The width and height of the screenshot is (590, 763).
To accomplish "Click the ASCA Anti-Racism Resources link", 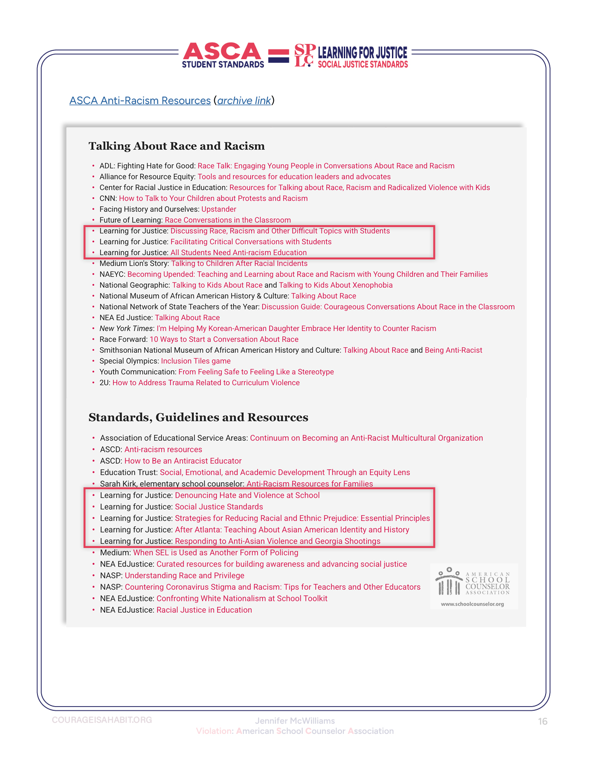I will (140, 100).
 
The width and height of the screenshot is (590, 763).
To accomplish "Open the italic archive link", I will (244, 100).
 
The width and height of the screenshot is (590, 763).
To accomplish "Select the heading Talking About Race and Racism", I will (177, 146).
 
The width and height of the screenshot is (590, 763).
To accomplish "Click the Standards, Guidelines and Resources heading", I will (198, 417).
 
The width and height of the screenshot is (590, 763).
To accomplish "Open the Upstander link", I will (219, 209).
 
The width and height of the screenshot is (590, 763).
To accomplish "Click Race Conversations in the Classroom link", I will (228, 220).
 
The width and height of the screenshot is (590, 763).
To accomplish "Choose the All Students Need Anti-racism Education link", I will (238, 252).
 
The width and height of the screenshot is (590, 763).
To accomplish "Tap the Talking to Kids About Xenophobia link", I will (335, 285).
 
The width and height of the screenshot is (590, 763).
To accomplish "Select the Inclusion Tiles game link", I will (196, 361).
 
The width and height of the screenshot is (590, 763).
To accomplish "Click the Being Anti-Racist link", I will (453, 350).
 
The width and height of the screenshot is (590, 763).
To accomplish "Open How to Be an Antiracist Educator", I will (183, 461).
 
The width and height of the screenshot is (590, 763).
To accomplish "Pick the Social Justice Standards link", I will (219, 507).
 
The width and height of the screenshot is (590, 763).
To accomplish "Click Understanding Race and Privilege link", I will (184, 575).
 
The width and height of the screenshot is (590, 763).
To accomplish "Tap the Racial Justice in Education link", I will (204, 610).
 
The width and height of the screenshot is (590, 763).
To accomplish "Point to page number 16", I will (543, 721).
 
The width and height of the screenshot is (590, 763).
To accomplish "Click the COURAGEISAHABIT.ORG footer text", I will (102, 720).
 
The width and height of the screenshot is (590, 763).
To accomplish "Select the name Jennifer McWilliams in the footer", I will (295, 720).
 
